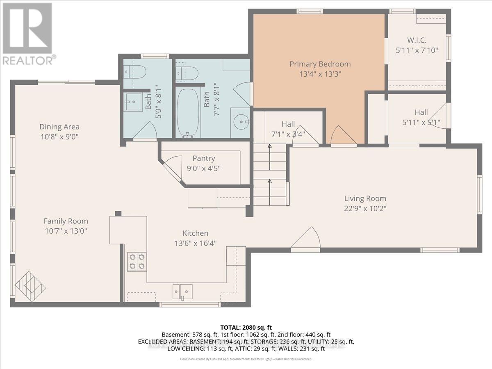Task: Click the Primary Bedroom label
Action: pyautogui.click(x=320, y=64)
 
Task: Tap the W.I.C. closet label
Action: pyautogui.click(x=417, y=40)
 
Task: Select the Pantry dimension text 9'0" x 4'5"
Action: pyautogui.click(x=204, y=168)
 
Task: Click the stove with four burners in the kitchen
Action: pyautogui.click(x=137, y=262)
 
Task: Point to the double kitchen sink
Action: pyautogui.click(x=182, y=292)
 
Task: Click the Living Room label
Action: pyautogui.click(x=365, y=198)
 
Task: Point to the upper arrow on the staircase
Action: pyautogui.click(x=269, y=146)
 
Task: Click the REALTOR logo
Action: pyautogui.click(x=28, y=33)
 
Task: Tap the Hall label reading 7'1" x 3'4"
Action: pyautogui.click(x=294, y=134)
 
